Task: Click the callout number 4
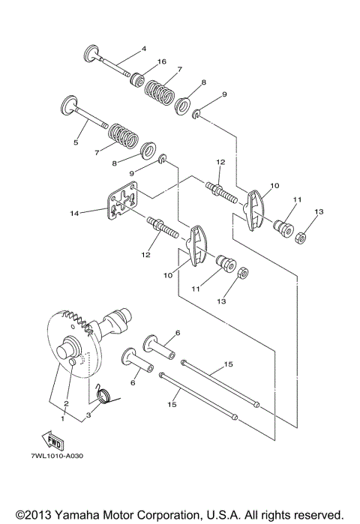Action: pos(142,50)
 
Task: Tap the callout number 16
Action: pos(161,61)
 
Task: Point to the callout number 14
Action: pos(73,214)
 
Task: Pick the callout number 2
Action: pos(67,404)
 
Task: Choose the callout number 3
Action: pos(88,414)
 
